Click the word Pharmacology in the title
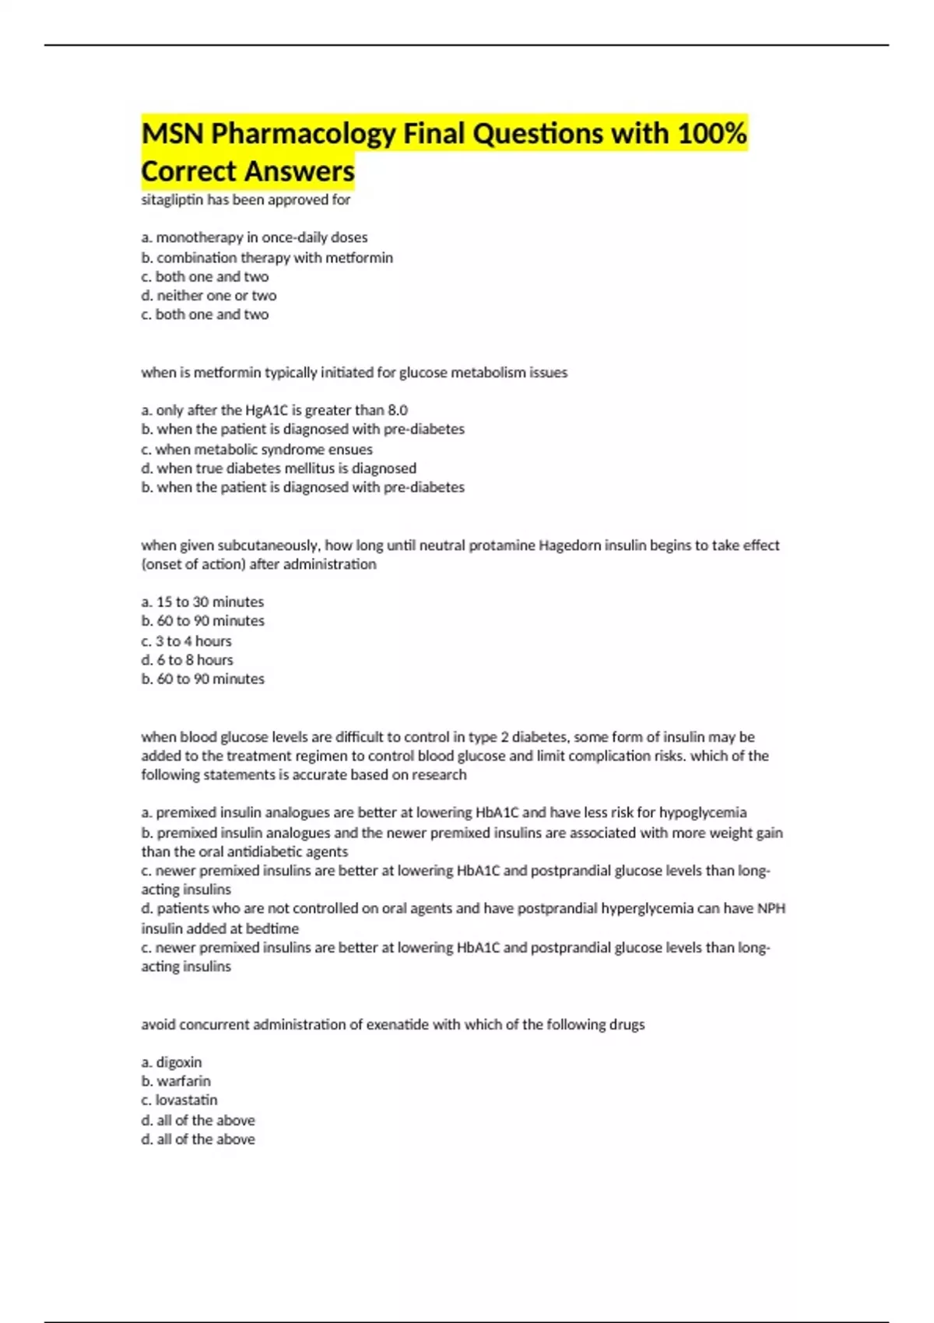[304, 134]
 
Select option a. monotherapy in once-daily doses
[254, 237]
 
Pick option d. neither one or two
[209, 296]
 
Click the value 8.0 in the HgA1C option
[397, 410]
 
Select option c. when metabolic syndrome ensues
[256, 449]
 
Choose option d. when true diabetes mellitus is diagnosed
[279, 468]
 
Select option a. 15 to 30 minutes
[202, 602]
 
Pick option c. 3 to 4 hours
[186, 641]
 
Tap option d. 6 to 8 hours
[187, 660]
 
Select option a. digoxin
[171, 1062]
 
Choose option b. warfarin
[176, 1081]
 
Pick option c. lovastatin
[179, 1100]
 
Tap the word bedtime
[272, 928]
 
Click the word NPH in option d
[771, 908]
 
